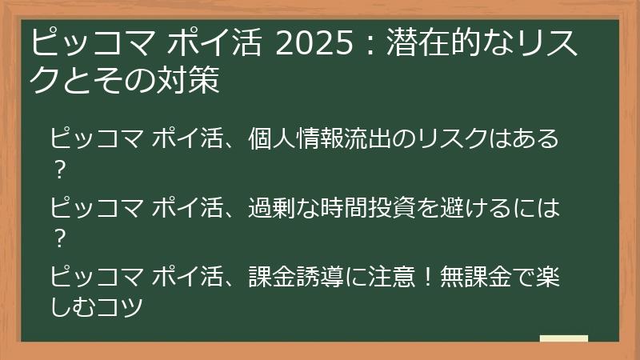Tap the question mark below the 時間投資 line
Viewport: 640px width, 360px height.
click(x=57, y=238)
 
